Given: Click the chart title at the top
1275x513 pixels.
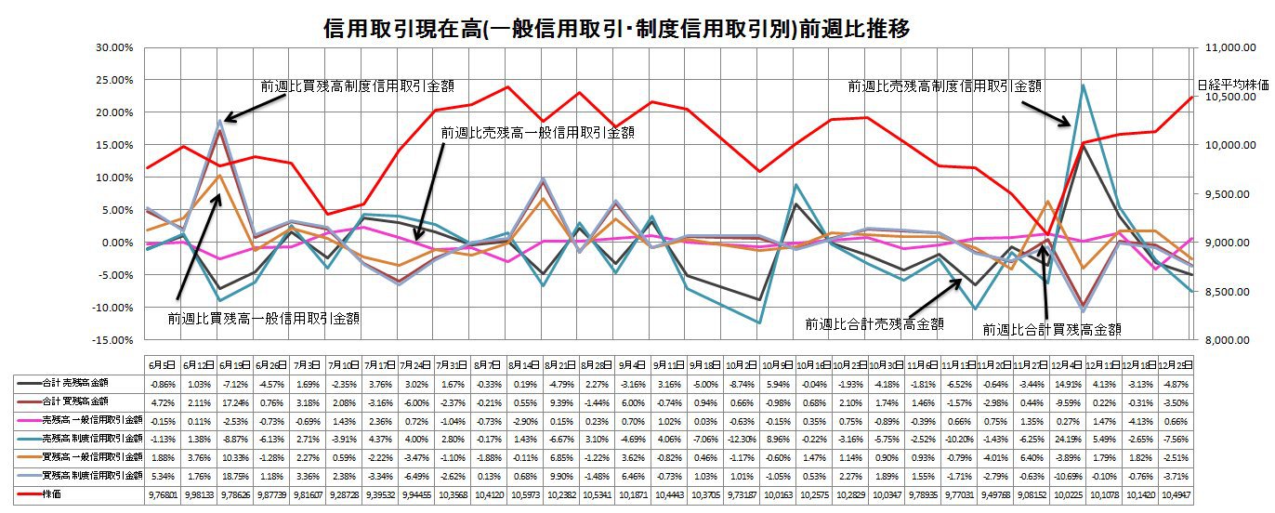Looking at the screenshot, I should point(616,30).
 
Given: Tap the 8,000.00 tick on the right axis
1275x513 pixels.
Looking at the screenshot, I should point(1223,340).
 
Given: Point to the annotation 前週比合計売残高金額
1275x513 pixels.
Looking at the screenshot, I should point(874,324).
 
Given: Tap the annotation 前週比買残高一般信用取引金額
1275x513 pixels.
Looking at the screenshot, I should point(264,318).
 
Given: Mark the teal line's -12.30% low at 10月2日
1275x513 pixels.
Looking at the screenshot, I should point(760,322).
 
